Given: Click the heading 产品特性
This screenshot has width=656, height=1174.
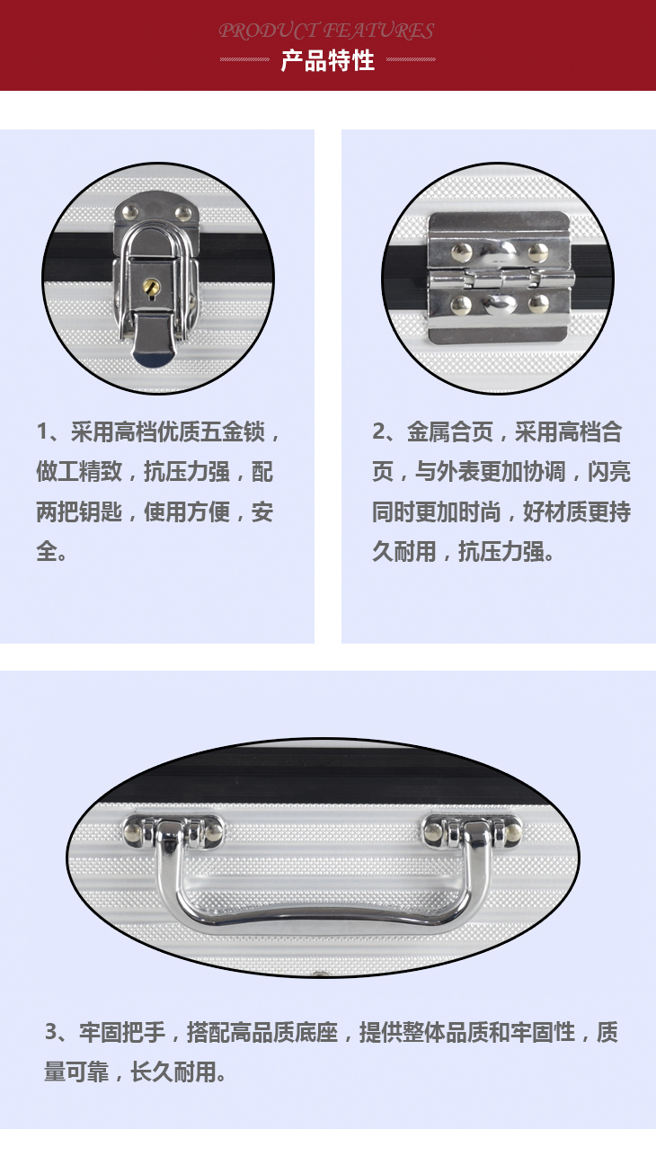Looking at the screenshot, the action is [x=327, y=60].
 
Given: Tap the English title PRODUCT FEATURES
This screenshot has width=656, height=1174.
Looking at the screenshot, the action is [x=326, y=31].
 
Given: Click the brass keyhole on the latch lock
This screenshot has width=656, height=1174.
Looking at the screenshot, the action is [x=152, y=287].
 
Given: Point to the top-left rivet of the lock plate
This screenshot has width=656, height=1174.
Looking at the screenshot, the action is [x=129, y=212].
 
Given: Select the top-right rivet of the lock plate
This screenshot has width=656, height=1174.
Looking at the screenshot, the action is [x=183, y=213].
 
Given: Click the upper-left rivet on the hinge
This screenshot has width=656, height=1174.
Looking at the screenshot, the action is [x=461, y=253].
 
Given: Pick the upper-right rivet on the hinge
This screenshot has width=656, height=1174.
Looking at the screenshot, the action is [x=538, y=252].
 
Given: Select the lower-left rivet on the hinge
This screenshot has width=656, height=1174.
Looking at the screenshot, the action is [x=461, y=305].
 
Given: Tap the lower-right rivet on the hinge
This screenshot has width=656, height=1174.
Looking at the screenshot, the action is [x=538, y=304].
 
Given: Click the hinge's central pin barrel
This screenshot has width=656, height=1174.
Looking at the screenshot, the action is [x=502, y=279].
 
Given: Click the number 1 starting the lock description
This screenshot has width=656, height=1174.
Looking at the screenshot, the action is [x=42, y=432].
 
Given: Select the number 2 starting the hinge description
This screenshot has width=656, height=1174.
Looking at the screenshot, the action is [x=378, y=431].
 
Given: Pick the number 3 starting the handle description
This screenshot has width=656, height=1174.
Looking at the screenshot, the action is [x=51, y=1032].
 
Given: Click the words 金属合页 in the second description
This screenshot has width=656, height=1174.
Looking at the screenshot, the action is [x=450, y=432].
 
